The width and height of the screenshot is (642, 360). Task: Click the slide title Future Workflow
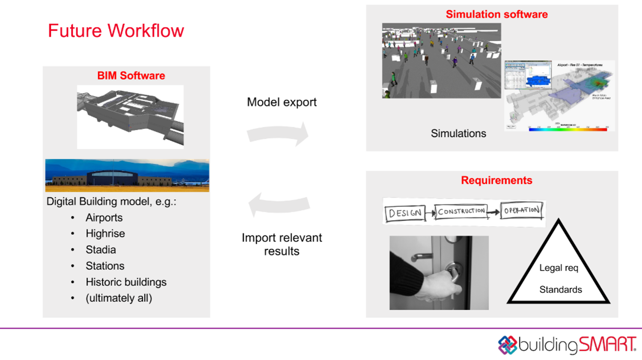116,31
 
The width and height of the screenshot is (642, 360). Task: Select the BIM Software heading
131,76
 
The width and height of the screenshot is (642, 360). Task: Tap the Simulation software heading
496,15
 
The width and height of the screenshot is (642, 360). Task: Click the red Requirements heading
496,180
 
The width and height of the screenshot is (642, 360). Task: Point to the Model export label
282,102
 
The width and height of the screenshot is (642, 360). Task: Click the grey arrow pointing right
278,134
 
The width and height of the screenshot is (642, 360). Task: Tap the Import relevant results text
282,244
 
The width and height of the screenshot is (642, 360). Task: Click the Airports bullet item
104,218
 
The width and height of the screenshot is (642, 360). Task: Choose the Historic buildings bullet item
126,282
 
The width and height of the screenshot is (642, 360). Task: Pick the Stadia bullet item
101,250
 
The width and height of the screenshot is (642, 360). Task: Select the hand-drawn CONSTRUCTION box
461,211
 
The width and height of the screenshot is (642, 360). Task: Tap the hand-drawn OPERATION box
522,210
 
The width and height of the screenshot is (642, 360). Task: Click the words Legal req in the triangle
559,268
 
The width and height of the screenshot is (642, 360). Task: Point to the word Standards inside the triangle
561,290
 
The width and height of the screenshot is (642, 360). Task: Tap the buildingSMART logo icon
508,345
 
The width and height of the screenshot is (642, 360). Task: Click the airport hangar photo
127,176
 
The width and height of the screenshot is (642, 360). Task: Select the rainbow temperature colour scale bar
568,129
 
